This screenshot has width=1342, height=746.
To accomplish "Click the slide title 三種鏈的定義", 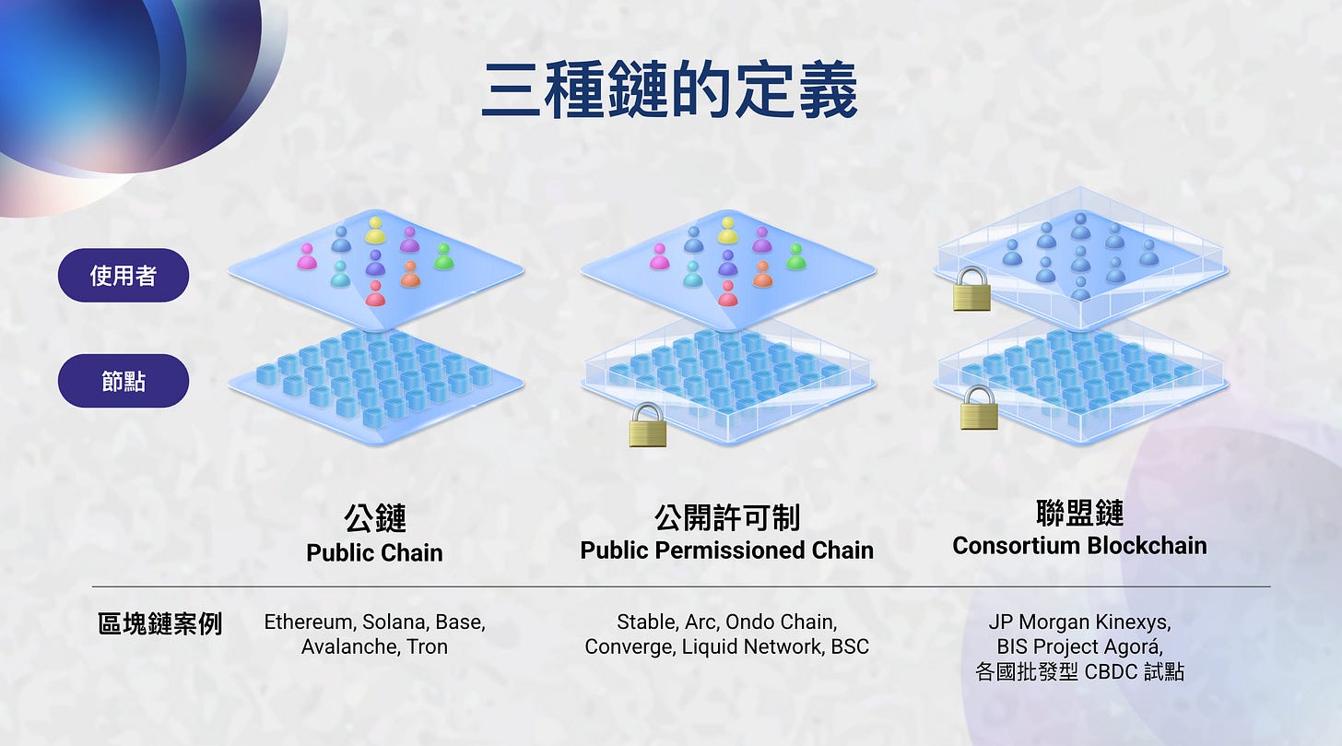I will [670, 91].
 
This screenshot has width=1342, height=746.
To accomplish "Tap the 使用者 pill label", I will [124, 275].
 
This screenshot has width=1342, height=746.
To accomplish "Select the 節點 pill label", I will [124, 380].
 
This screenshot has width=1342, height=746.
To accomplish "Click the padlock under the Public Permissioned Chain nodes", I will [648, 425].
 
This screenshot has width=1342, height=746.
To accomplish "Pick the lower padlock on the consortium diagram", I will [979, 408].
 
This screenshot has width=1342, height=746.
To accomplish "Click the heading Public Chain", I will [374, 552].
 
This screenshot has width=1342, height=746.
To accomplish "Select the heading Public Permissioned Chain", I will [726, 551].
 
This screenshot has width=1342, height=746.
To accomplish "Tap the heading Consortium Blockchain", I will [1079, 546].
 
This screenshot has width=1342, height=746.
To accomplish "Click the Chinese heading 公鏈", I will [375, 518].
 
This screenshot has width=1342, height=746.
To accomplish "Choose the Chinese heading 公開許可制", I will [726, 517].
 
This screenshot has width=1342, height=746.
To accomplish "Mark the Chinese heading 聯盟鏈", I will [1079, 513].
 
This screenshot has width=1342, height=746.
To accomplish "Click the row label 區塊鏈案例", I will [160, 623].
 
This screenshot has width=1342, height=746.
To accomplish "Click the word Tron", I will [427, 646].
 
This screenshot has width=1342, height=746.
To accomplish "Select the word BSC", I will [849, 646].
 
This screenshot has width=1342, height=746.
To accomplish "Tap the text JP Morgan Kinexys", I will [1079, 622].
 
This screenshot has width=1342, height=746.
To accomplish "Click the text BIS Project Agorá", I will [1079, 645].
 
